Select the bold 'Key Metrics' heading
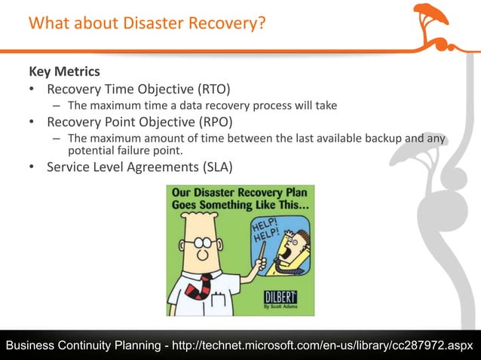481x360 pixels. click(x=64, y=72)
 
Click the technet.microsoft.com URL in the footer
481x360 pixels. click(x=322, y=345)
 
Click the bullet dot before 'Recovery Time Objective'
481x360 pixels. click(x=32, y=90)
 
